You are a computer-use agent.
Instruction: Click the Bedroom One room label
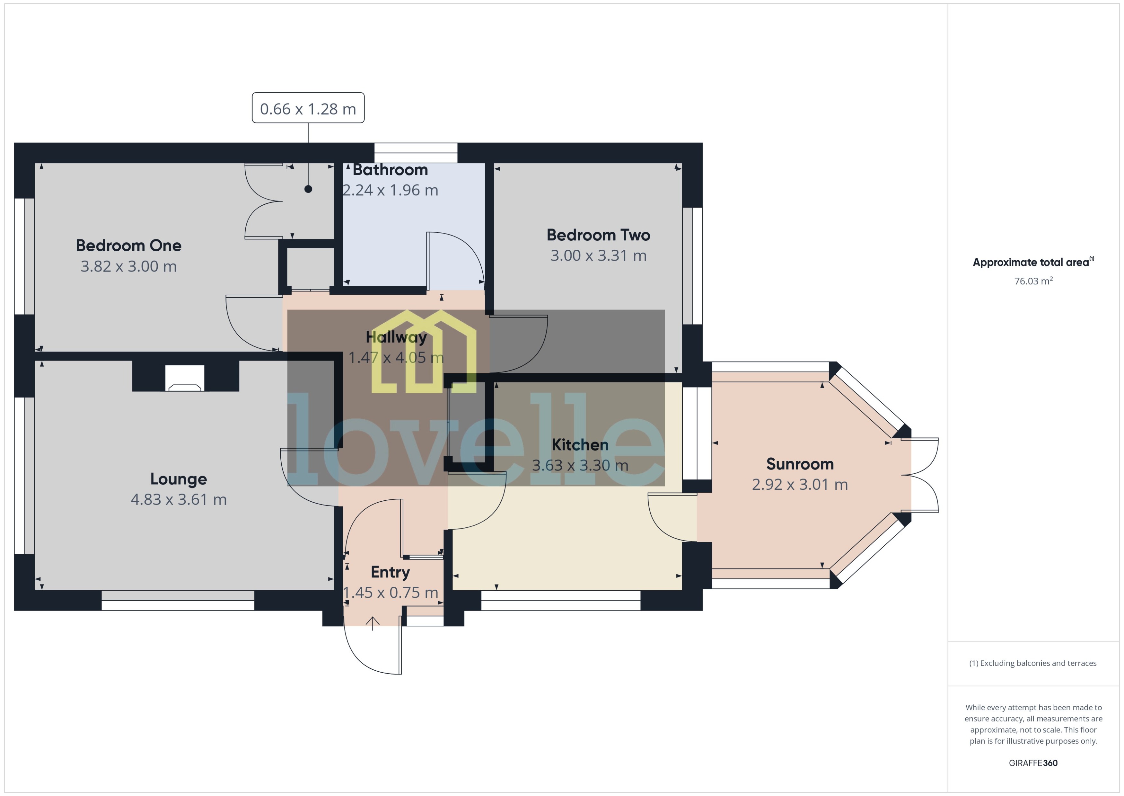(x=128, y=245)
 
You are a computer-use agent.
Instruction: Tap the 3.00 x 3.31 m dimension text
(x=598, y=255)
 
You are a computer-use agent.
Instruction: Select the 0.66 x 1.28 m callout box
(x=308, y=108)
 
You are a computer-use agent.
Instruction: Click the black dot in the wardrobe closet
(x=308, y=189)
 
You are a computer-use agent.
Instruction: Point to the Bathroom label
(x=390, y=170)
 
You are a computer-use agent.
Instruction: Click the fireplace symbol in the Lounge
(x=185, y=378)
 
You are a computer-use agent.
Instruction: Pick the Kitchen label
(x=580, y=444)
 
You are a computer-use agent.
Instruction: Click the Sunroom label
(x=799, y=464)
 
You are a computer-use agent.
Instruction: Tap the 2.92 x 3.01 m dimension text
(x=799, y=484)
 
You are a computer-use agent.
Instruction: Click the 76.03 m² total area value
(x=1033, y=281)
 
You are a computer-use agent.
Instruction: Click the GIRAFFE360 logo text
(x=1033, y=763)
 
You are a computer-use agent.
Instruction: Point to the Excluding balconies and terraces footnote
(x=1032, y=663)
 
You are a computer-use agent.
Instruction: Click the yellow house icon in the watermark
(x=424, y=352)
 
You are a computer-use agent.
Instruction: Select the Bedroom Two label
(x=598, y=235)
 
